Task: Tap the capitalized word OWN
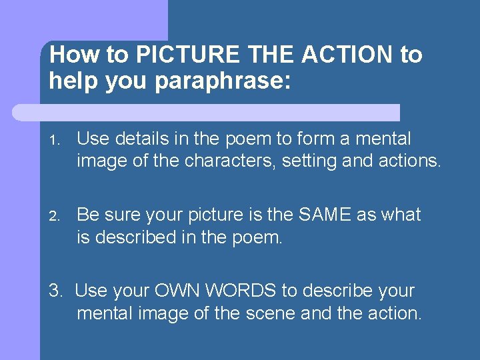tap(180, 291)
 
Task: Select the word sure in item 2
tap(125, 215)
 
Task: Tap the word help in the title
tap(72, 81)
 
